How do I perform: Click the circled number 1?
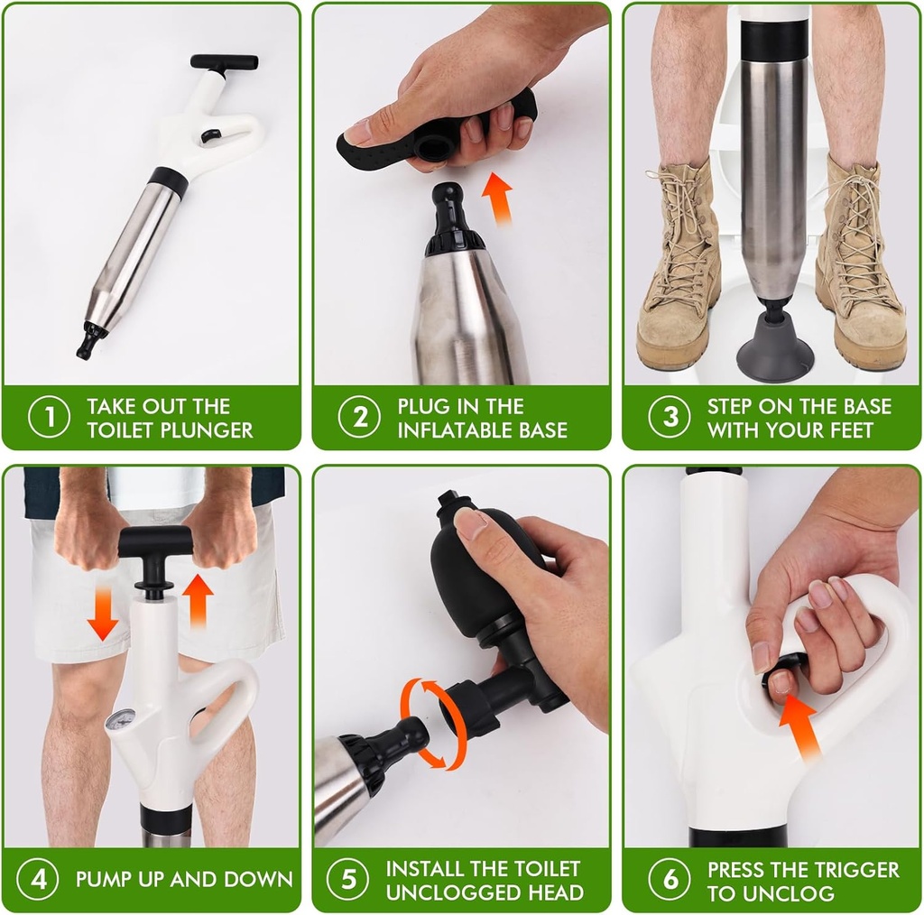[x=49, y=417]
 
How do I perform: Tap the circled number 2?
[x=359, y=417]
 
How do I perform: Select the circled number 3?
[x=670, y=417]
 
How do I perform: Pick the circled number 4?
[x=38, y=879]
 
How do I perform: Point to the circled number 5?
[x=347, y=879]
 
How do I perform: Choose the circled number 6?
[x=670, y=879]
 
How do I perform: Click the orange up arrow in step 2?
[x=497, y=198]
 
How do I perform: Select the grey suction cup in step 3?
[x=774, y=347]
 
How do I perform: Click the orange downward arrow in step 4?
[x=103, y=613]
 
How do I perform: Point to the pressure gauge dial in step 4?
[x=120, y=719]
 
